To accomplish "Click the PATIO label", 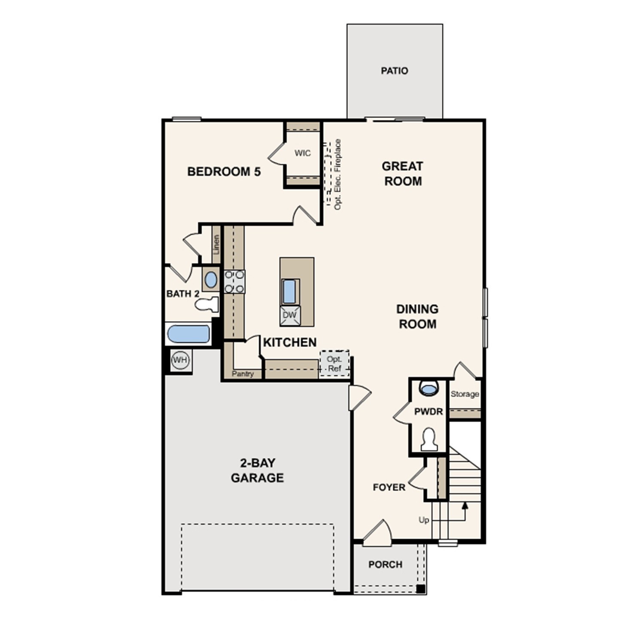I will (394, 71).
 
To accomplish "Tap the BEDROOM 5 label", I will (224, 172).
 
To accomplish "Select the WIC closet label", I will (302, 153).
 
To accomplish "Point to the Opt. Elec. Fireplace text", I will (337, 174).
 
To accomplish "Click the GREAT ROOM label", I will (402, 173).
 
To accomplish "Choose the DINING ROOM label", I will (417, 316).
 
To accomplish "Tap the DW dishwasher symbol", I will (290, 315).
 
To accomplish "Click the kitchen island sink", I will (289, 291).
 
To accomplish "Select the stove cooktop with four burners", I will (234, 282).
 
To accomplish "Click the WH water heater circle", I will (180, 360).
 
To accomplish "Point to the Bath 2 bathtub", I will (188, 334).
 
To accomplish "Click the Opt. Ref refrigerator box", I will (334, 364).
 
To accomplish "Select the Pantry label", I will (243, 374).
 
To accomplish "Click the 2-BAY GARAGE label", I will (257, 470).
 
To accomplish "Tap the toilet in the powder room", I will (429, 439).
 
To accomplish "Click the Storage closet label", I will (465, 394).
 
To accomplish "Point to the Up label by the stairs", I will (424, 520).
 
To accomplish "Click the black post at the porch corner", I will (421, 589).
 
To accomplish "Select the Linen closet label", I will (216, 244).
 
